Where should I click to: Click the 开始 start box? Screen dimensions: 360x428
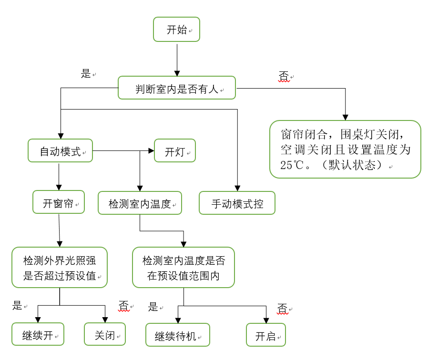(176, 30)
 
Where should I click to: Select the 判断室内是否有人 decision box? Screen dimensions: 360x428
(177, 88)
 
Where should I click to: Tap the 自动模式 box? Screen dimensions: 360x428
(60, 151)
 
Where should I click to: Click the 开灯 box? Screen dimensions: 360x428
(175, 151)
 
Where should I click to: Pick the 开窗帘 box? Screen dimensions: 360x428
(59, 203)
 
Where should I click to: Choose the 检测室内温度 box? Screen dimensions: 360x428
(140, 204)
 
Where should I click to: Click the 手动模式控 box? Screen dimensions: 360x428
(237, 204)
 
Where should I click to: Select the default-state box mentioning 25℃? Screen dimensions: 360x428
(345, 150)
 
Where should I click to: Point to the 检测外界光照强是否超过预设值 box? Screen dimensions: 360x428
(60, 268)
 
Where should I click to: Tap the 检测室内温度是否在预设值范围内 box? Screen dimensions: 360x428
(183, 268)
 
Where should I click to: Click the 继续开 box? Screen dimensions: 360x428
(38, 334)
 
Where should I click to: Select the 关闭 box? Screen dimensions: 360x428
(105, 334)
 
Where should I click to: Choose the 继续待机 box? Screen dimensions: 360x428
(177, 335)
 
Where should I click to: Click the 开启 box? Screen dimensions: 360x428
(266, 335)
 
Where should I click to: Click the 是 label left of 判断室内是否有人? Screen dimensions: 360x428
(86, 73)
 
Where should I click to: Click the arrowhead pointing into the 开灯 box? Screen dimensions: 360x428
(152, 151)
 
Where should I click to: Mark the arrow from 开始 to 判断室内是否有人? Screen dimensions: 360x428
(177, 60)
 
